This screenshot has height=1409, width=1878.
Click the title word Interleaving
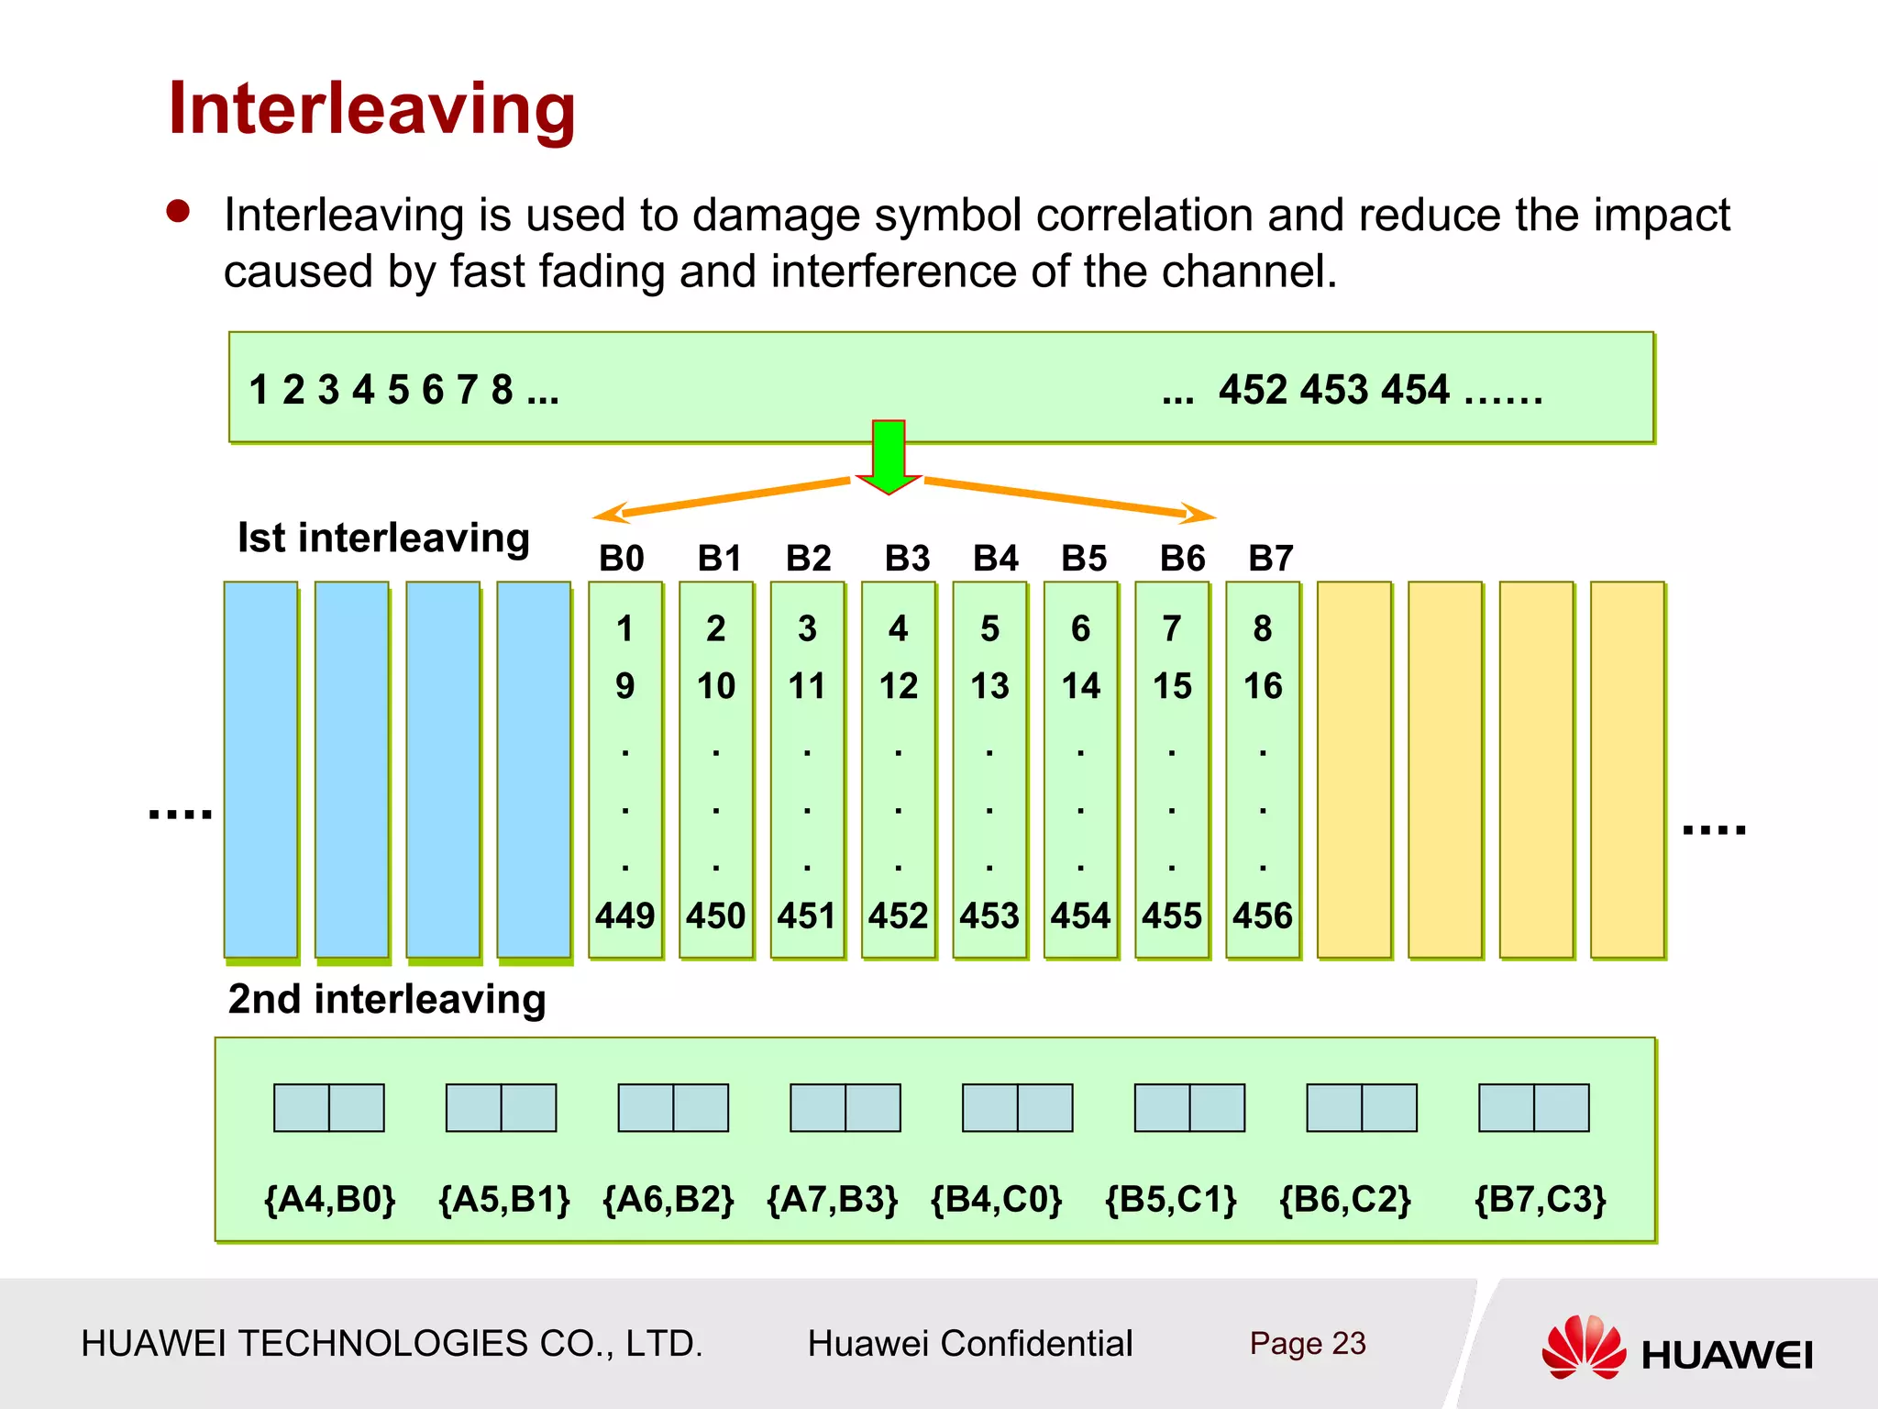(371, 109)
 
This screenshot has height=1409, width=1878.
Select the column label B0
(622, 558)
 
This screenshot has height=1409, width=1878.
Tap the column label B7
(1271, 558)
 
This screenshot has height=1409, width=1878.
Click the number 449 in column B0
(624, 915)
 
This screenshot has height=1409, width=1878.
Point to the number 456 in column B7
(1263, 915)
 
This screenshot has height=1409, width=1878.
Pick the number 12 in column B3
(899, 686)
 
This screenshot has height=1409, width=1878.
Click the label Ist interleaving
(383, 538)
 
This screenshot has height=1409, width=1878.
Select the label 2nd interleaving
(386, 999)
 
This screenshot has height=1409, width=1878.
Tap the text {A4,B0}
(329, 1199)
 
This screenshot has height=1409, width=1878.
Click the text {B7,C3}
(1541, 1199)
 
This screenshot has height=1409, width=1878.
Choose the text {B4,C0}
(997, 1199)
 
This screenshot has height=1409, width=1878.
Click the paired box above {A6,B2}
(673, 1107)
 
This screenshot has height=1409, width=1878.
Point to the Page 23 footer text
(1308, 1343)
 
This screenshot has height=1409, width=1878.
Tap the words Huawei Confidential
(970, 1343)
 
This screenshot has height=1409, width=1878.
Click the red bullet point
(178, 212)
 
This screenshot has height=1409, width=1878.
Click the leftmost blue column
(260, 769)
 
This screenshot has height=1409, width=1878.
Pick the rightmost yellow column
(1627, 769)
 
